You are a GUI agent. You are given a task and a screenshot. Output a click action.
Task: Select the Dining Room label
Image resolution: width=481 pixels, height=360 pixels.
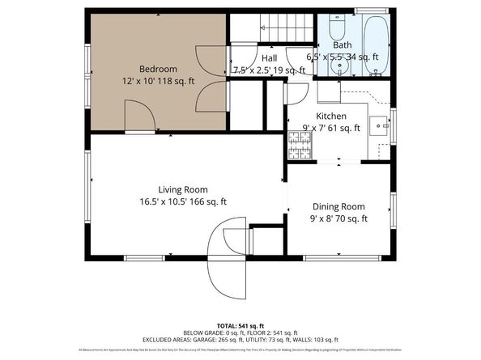click(x=338, y=206)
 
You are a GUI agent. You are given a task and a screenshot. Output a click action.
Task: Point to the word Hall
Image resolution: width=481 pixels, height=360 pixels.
click(x=269, y=58)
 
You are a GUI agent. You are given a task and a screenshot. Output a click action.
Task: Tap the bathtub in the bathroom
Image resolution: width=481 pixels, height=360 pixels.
click(x=377, y=44)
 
